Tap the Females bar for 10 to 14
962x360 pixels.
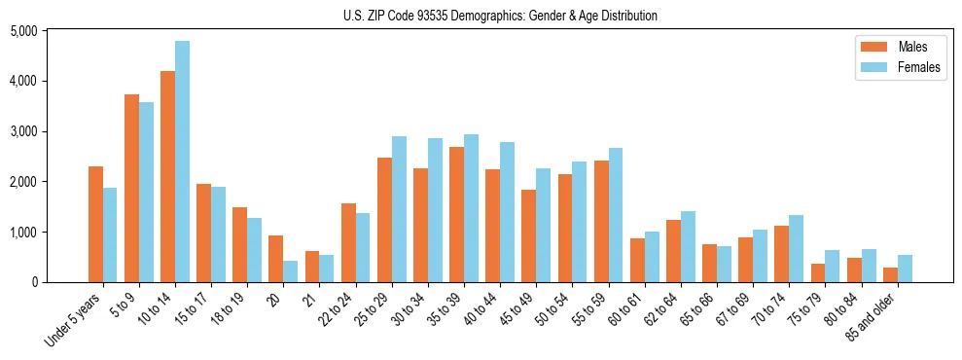click(x=182, y=162)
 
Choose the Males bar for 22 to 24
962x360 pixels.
click(x=348, y=242)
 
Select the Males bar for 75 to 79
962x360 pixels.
click(x=818, y=272)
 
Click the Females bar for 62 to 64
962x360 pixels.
click(x=688, y=246)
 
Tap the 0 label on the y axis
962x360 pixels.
click(x=60, y=283)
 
